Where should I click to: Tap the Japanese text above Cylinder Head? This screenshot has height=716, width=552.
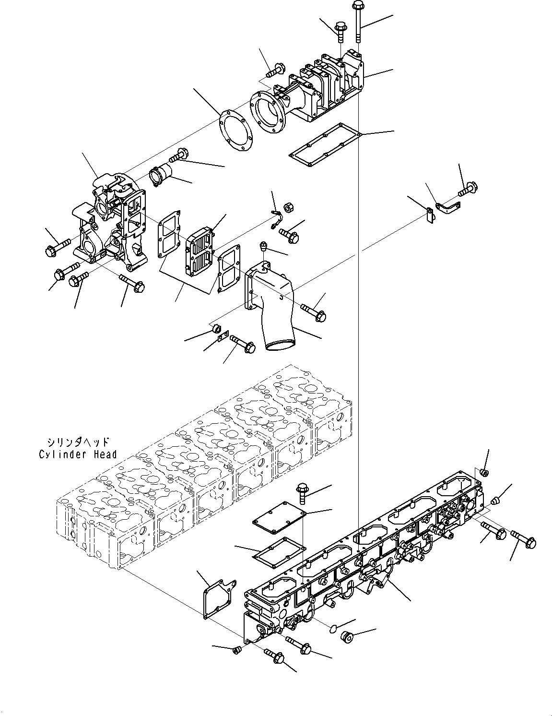click(x=78, y=442)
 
